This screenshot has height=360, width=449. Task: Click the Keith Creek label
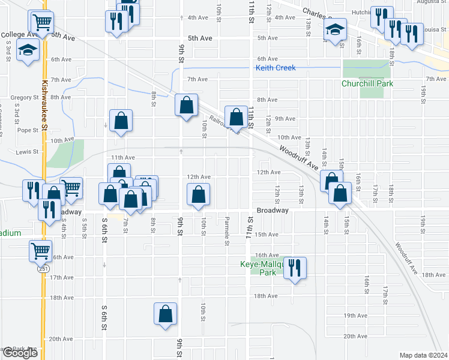tap(276, 68)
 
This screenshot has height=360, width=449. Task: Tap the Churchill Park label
tap(367, 83)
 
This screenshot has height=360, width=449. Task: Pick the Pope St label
tap(28, 130)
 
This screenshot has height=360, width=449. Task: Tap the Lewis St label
tap(27, 152)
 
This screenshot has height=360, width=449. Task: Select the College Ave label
tap(20, 35)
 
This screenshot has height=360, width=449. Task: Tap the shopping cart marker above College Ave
tap(42, 23)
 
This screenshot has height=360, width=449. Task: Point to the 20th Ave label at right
tap(355, 336)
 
